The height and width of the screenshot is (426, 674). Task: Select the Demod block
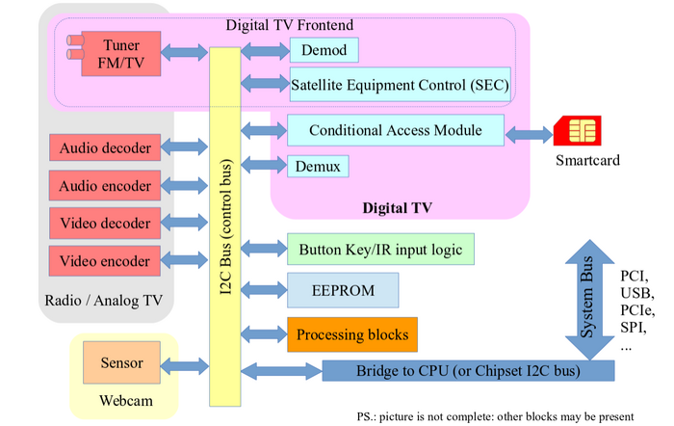pyautogui.click(x=324, y=50)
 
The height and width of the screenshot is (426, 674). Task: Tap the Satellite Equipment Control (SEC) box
pyautogui.click(x=399, y=85)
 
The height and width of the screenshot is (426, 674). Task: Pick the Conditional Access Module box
pyautogui.click(x=395, y=130)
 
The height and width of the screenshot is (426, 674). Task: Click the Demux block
pyautogui.click(x=318, y=166)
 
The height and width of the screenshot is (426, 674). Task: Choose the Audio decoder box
pyautogui.click(x=105, y=148)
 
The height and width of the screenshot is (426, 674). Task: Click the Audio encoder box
pyautogui.click(x=105, y=186)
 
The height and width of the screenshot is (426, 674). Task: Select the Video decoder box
pyautogui.click(x=105, y=224)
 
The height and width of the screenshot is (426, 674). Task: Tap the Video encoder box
pyautogui.click(x=105, y=261)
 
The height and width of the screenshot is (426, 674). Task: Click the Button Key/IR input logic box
pyautogui.click(x=380, y=251)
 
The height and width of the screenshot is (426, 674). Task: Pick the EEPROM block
pyautogui.click(x=343, y=290)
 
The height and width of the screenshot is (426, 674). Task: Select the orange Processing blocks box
pyautogui.click(x=352, y=334)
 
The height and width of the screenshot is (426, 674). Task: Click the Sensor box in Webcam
pyautogui.click(x=121, y=363)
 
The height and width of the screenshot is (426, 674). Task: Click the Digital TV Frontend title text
pyautogui.click(x=290, y=23)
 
